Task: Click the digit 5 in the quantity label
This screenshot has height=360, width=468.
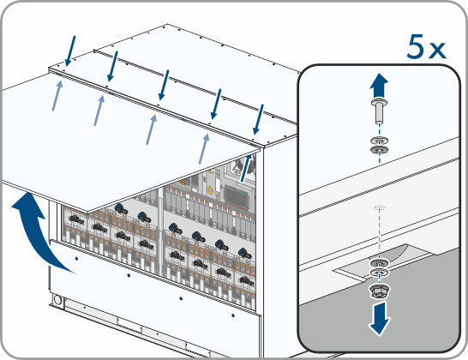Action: [x=416, y=46]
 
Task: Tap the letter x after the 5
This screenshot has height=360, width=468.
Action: [x=437, y=51]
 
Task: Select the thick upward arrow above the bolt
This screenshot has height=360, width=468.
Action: [x=379, y=85]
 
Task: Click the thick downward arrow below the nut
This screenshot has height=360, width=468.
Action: [x=379, y=318]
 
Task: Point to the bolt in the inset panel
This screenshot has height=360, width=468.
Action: [x=379, y=111]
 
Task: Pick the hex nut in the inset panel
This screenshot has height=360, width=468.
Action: [x=379, y=291]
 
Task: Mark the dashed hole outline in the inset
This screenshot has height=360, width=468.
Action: [x=380, y=207]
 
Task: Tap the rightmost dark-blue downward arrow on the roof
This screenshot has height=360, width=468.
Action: [x=258, y=120]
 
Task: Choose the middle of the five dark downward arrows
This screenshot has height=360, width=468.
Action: [x=164, y=86]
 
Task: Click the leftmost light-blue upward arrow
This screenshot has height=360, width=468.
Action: [x=57, y=95]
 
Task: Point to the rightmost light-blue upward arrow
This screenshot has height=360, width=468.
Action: [x=204, y=148]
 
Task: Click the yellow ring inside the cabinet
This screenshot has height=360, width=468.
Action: [x=210, y=189]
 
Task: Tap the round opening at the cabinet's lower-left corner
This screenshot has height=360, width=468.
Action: [x=57, y=299]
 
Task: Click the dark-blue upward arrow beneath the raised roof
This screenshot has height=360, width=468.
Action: [x=246, y=168]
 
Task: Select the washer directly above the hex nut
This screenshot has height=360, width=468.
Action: [x=379, y=273]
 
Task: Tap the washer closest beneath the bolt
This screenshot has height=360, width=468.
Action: [x=379, y=140]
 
